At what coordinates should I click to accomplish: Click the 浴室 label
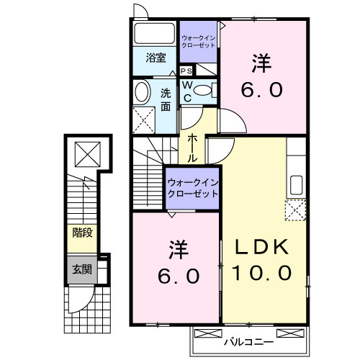(x=156, y=58)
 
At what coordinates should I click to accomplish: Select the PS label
(x=186, y=71)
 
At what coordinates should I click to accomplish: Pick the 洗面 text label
(x=166, y=99)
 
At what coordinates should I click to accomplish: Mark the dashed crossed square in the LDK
(x=295, y=210)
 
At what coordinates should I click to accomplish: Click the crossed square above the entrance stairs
(x=86, y=154)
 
